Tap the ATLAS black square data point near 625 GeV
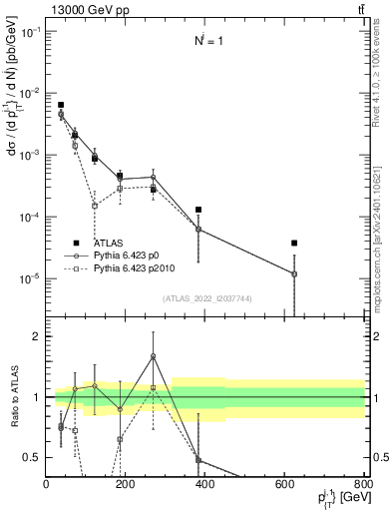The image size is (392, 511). click(294, 243)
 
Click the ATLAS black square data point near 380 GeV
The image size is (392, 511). click(198, 210)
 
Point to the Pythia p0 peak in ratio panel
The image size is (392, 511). click(153, 356)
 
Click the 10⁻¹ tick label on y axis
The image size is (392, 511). click(29, 32)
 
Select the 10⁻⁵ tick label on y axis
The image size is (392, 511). click(29, 278)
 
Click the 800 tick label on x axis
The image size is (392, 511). click(364, 484)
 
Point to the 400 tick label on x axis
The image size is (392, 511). click(205, 484)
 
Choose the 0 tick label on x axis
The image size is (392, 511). click(46, 484)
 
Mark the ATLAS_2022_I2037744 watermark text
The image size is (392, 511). click(204, 297)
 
